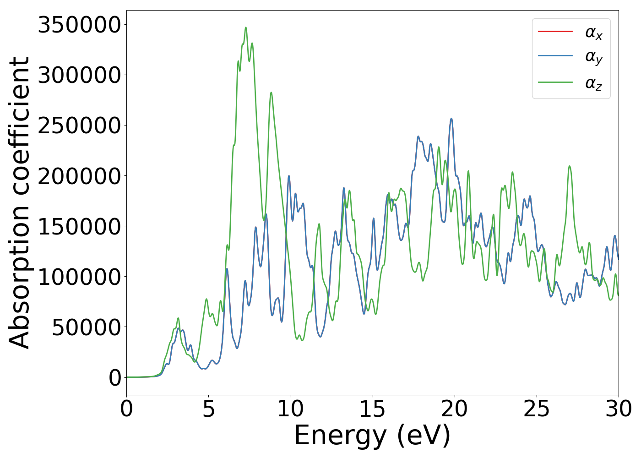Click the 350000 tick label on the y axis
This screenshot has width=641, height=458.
pyautogui.click(x=79, y=25)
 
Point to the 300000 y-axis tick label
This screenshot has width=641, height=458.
pyautogui.click(x=79, y=75)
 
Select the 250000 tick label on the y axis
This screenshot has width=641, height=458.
pyautogui.click(x=79, y=125)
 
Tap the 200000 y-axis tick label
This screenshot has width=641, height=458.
pyautogui.click(x=79, y=176)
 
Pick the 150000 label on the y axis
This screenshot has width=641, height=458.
pyautogui.click(x=79, y=226)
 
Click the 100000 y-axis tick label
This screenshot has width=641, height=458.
pyautogui.click(x=79, y=277)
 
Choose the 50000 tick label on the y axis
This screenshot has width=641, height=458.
pyautogui.click(x=86, y=327)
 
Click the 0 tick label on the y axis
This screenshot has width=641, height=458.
pyautogui.click(x=115, y=378)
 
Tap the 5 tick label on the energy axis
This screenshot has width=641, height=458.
pyautogui.click(x=208, y=409)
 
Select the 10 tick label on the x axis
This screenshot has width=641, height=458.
pyautogui.click(x=290, y=409)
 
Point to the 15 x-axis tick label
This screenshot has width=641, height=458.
pyautogui.click(x=372, y=409)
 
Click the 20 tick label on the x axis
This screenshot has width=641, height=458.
pyautogui.click(x=454, y=409)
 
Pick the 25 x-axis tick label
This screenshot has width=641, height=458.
pyautogui.click(x=536, y=409)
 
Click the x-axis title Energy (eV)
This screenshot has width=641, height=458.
pyautogui.click(x=372, y=436)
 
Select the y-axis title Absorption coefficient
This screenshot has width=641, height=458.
pyautogui.click(x=20, y=202)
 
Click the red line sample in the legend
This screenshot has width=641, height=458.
pyautogui.click(x=555, y=32)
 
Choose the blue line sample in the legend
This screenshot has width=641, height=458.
pyautogui.click(x=555, y=56)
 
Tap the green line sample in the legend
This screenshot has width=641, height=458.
pyautogui.click(x=555, y=82)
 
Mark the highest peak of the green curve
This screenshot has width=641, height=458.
pyautogui.click(x=246, y=27)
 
